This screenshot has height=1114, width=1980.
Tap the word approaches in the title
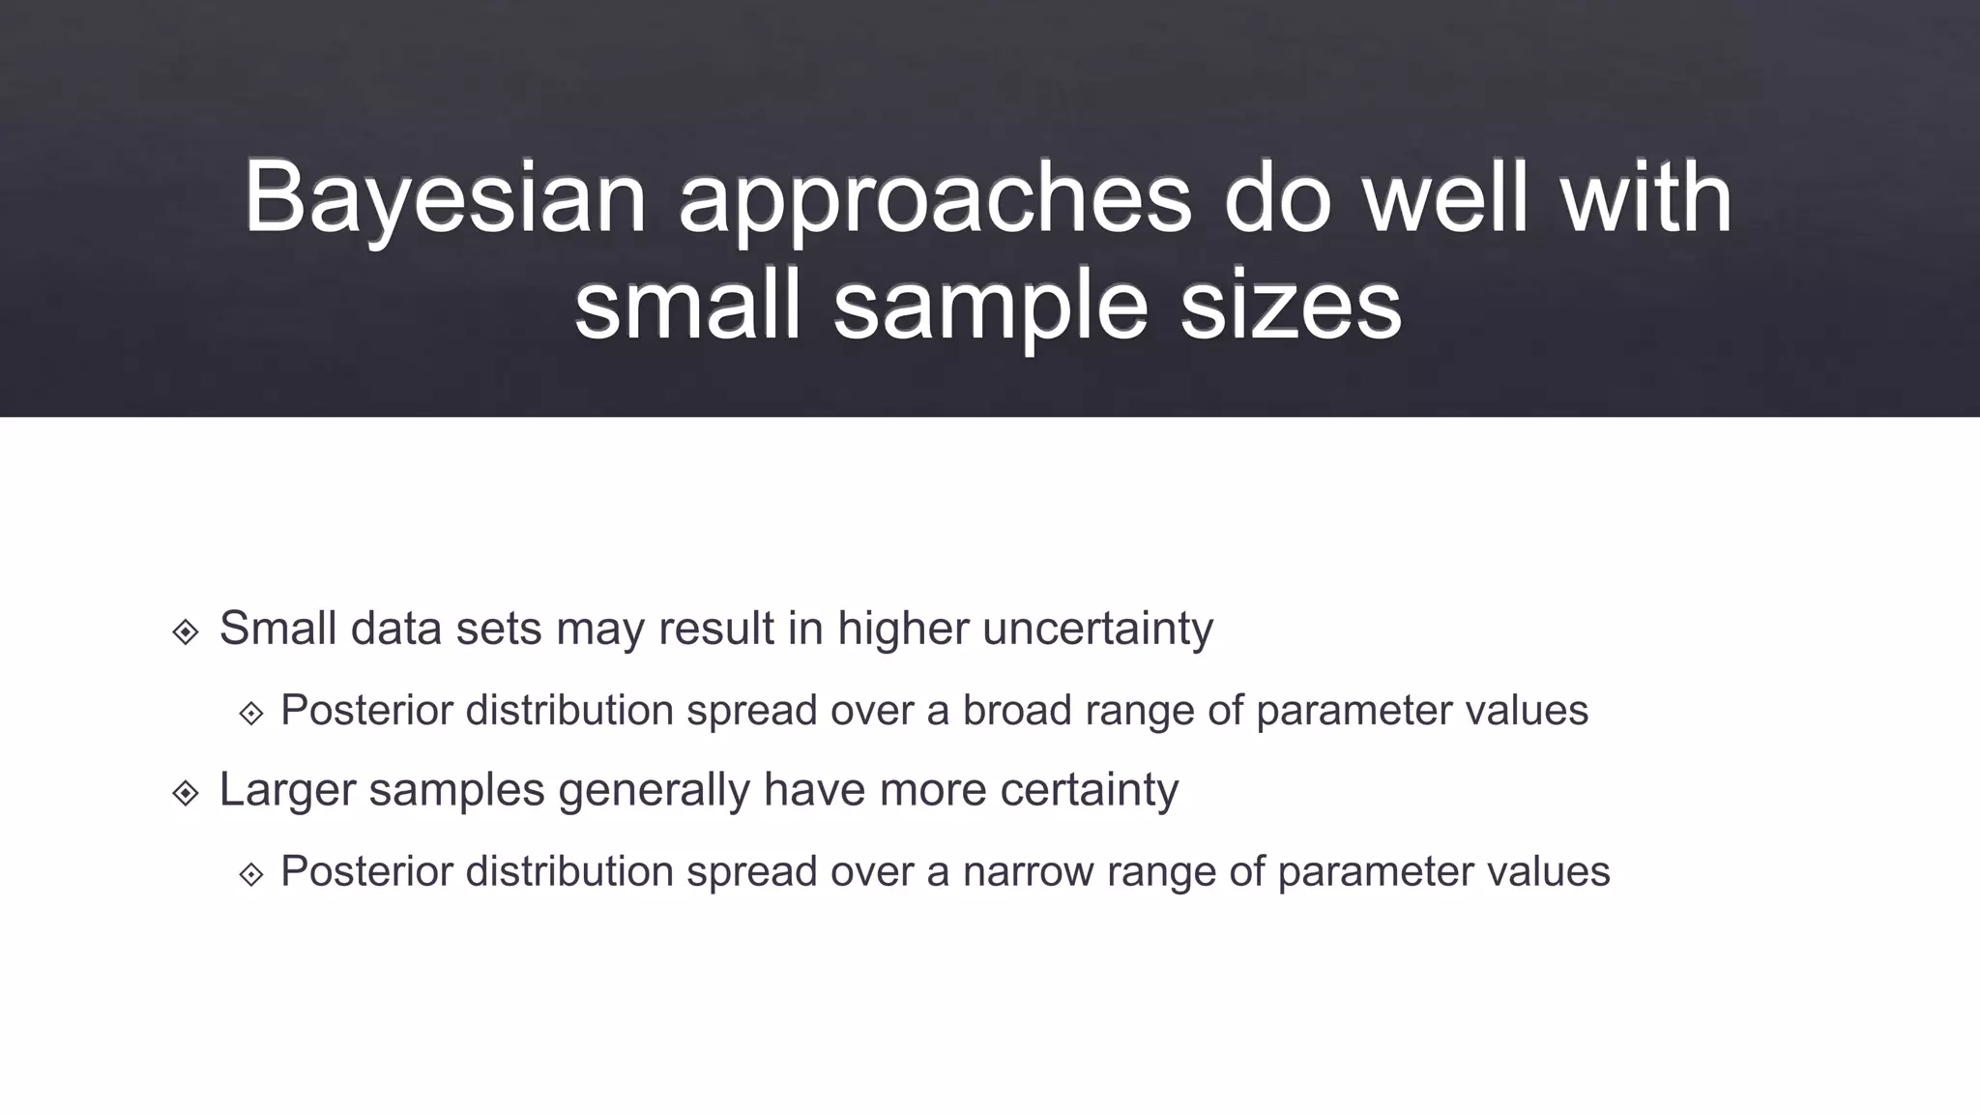[x=934, y=198]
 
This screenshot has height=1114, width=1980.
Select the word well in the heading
[x=1445, y=198]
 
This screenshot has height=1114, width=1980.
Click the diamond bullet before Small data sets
[x=186, y=632]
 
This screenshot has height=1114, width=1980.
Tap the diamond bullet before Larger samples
[x=186, y=793]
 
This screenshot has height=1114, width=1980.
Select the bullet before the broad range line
[x=251, y=714]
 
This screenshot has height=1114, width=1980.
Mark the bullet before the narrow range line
[x=251, y=874]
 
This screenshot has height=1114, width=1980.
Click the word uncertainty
[x=1097, y=629]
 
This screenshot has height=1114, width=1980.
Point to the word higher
[x=903, y=629]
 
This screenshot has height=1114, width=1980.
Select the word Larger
[x=287, y=789]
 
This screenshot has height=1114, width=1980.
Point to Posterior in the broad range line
[x=366, y=711]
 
